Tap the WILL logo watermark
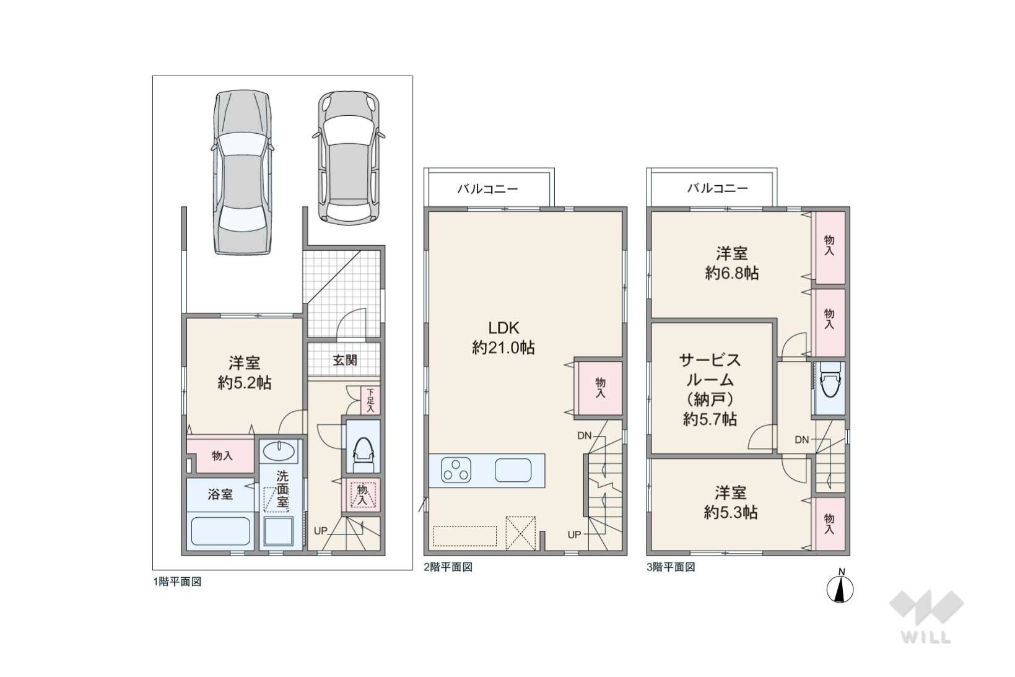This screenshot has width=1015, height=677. click(926, 617)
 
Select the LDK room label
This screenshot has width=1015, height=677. click(503, 328)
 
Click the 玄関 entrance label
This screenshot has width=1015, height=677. click(345, 360)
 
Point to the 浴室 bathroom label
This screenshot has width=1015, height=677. click(220, 494)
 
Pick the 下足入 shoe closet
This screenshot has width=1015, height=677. click(371, 400)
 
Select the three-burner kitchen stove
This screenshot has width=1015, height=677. click(456, 470)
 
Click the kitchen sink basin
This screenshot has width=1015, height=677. click(513, 470)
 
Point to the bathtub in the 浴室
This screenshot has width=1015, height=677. click(220, 531)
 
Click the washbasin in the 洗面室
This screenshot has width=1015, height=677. click(279, 451)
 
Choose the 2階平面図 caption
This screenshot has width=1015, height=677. click(448, 567)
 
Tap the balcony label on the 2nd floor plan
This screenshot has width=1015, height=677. click(487, 189)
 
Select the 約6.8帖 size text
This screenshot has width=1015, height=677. click(732, 273)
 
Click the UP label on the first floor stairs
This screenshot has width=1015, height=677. click(320, 531)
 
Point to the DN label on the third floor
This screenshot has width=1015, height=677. click(801, 439)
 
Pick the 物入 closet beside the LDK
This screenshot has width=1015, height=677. click(600, 388)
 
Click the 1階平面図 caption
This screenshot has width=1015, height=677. click(177, 582)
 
